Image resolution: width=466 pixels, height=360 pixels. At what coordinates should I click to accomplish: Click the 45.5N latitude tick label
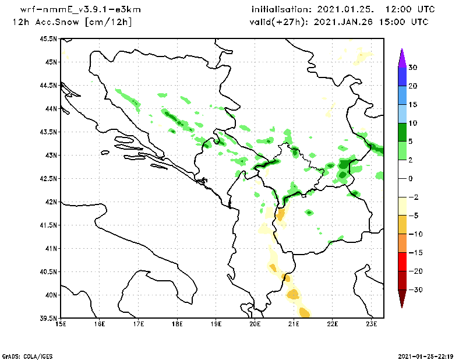48,38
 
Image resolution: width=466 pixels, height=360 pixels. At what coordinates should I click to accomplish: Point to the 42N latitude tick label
51,202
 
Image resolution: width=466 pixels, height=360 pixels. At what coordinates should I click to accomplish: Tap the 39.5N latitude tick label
48,318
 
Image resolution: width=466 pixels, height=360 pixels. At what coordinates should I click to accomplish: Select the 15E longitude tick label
60,323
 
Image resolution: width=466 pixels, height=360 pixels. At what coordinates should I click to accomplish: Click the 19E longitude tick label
216,323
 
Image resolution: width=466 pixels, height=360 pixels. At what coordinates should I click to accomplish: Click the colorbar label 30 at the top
412,68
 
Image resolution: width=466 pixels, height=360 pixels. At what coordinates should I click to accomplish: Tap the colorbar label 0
410,178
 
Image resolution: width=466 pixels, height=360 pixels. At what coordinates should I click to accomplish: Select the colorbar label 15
412,105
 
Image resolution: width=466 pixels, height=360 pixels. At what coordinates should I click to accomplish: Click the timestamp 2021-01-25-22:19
428,355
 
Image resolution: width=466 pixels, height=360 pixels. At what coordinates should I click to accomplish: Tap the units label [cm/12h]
108,22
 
